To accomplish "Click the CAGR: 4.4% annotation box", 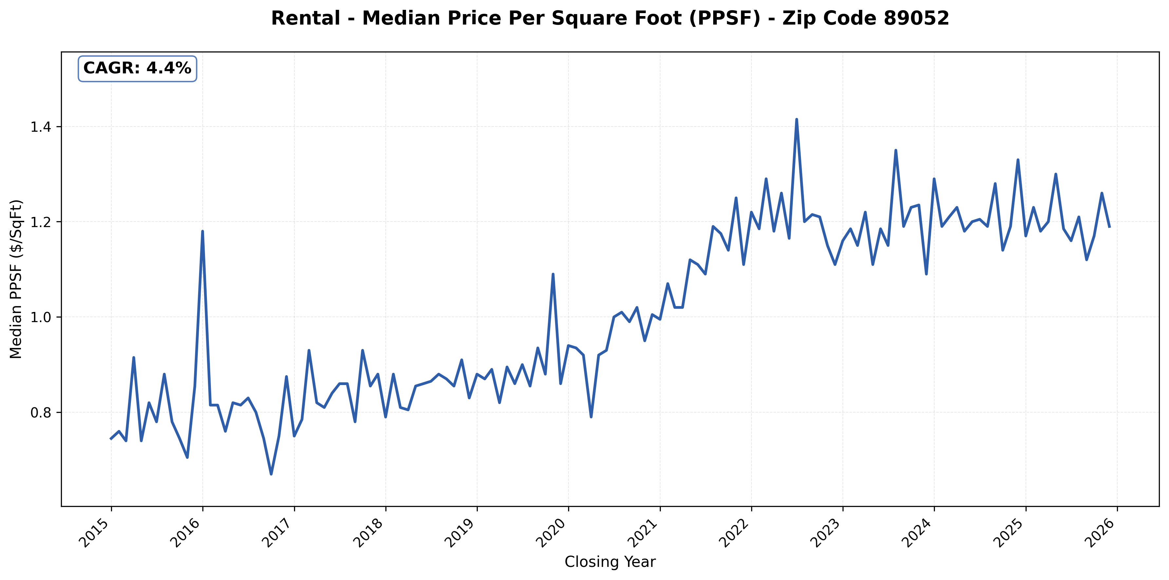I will [137, 68].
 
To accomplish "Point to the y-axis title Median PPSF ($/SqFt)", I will [16, 279].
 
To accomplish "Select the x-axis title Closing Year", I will [610, 562].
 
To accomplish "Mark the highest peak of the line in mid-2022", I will [796, 120].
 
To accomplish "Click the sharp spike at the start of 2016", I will [202, 231].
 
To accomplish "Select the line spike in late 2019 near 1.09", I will [553, 274].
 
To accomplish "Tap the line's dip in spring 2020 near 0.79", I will [591, 416].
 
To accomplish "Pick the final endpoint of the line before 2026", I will [1109, 227].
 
